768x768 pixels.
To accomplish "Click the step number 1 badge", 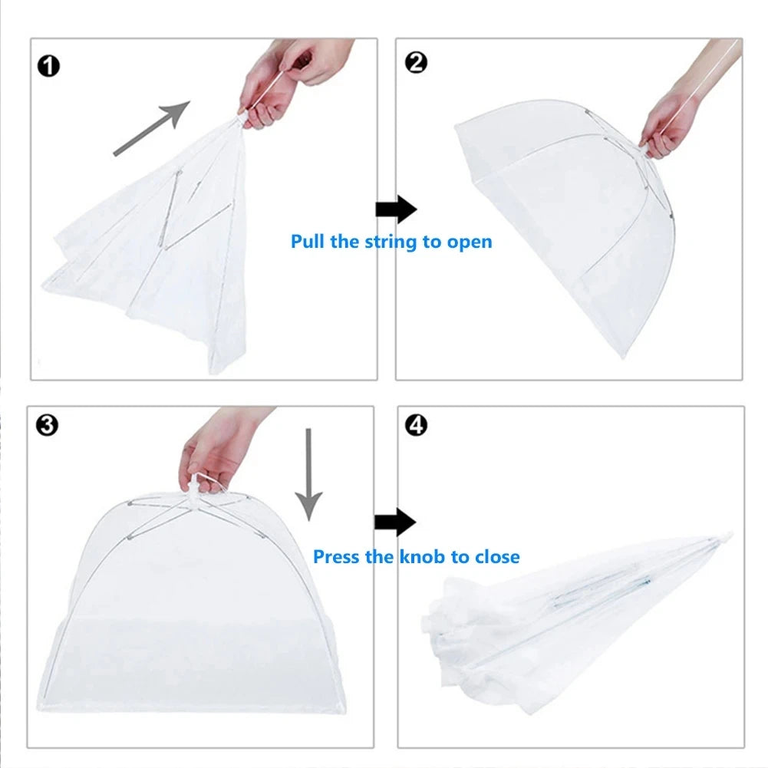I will coord(48,67).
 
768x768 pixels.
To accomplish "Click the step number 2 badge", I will coord(415,62).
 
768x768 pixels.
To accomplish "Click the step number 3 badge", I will coord(48,424).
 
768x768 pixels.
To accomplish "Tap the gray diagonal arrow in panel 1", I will coord(151,127).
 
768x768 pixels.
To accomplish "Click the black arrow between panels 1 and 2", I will coord(395,209).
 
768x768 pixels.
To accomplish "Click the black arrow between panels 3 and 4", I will coord(394,523).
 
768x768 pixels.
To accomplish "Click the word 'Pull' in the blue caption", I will coord(308,242).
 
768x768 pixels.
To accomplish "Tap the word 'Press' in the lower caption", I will coord(337,556).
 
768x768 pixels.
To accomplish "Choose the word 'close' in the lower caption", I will coord(495,556).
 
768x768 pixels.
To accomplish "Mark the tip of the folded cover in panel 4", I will coord(725,535).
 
